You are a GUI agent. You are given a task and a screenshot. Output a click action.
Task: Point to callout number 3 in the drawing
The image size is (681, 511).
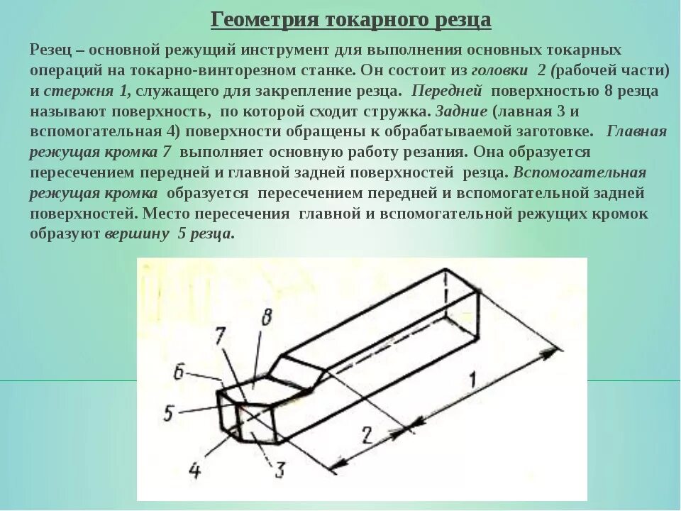(279, 469)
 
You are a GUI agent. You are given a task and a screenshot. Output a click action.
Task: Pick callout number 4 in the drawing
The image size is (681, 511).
(196, 469)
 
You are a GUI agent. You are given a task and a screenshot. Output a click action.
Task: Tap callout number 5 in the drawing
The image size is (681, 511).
(168, 412)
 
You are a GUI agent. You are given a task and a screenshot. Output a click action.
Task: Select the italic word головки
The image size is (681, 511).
(499, 71)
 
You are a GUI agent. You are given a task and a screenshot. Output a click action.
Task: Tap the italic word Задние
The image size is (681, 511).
(461, 112)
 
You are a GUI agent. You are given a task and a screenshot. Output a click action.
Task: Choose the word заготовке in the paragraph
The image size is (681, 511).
(558, 132)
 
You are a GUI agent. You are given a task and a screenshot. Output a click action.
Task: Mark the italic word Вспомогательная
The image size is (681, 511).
(580, 173)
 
